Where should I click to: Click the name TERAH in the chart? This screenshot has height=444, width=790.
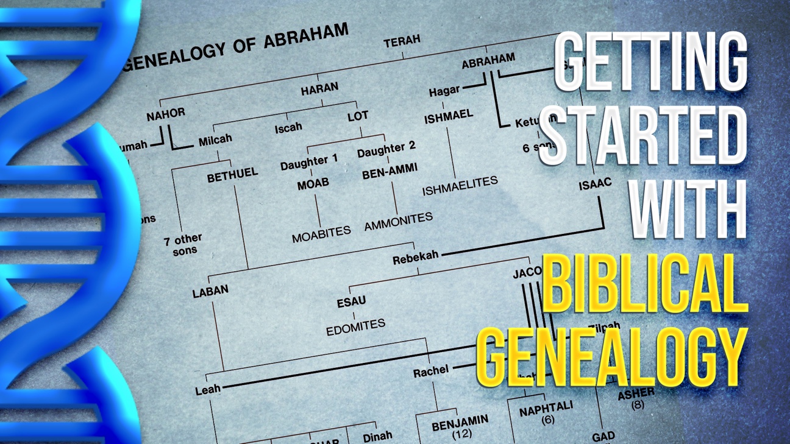coord(402,41)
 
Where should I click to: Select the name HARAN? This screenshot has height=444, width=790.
coord(319,89)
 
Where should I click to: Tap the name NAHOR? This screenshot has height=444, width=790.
coord(165,113)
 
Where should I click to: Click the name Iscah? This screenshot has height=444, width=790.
coord(288,128)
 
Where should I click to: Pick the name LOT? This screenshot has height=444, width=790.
coord(358,116)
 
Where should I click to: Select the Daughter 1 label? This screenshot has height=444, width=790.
coord(308,162)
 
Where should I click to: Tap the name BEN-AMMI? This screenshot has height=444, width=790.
coord(390,172)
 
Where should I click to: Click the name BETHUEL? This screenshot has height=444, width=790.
coord(232,175)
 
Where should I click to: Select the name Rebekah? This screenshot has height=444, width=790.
coord(415,258)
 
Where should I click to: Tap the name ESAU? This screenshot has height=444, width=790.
coord(351,301)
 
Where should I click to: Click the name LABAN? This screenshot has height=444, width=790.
coord(210,292)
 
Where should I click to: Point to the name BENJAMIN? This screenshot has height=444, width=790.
coord(460,422)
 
